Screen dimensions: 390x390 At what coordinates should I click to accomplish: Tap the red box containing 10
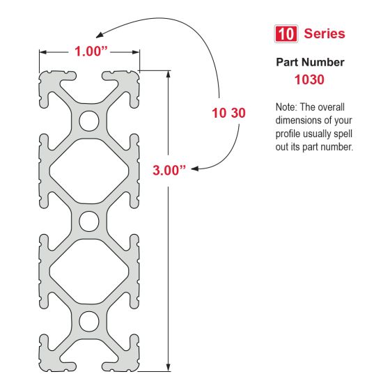point(286,33)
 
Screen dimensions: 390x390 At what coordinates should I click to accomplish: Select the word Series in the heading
point(325,33)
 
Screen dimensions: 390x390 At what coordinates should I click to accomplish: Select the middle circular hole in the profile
point(88,221)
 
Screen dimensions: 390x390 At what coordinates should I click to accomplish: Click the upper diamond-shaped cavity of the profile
point(88,171)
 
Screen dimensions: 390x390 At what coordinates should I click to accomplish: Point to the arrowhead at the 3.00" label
point(194,169)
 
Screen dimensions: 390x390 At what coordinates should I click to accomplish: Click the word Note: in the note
point(288,108)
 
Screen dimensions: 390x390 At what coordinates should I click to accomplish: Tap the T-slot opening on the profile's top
point(88,74)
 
